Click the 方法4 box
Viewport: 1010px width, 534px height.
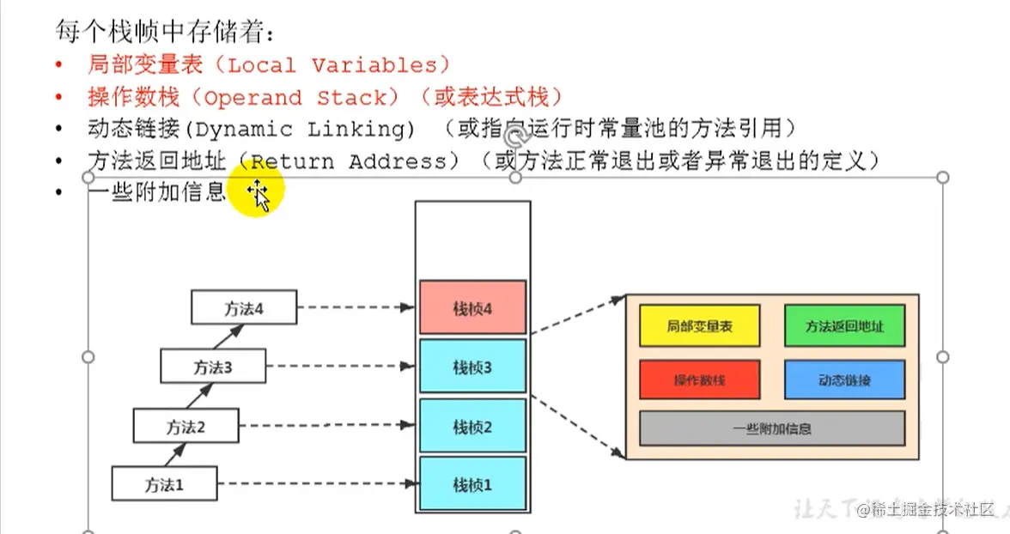tap(244, 307)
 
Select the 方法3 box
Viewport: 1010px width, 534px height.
tap(213, 367)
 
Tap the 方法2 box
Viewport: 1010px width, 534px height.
tap(186, 425)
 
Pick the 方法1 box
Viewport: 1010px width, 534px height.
tap(163, 483)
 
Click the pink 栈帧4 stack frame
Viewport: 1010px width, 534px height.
tap(472, 307)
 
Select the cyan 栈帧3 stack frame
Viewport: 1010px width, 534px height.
tap(472, 367)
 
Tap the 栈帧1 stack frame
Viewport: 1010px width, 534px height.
tap(472, 484)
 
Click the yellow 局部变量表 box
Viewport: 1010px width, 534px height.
tap(699, 326)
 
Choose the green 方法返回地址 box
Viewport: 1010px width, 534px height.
tap(844, 326)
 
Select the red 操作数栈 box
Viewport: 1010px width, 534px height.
tap(699, 379)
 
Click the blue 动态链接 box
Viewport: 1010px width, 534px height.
tap(844, 379)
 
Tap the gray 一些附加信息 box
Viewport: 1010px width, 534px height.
tap(772, 428)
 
